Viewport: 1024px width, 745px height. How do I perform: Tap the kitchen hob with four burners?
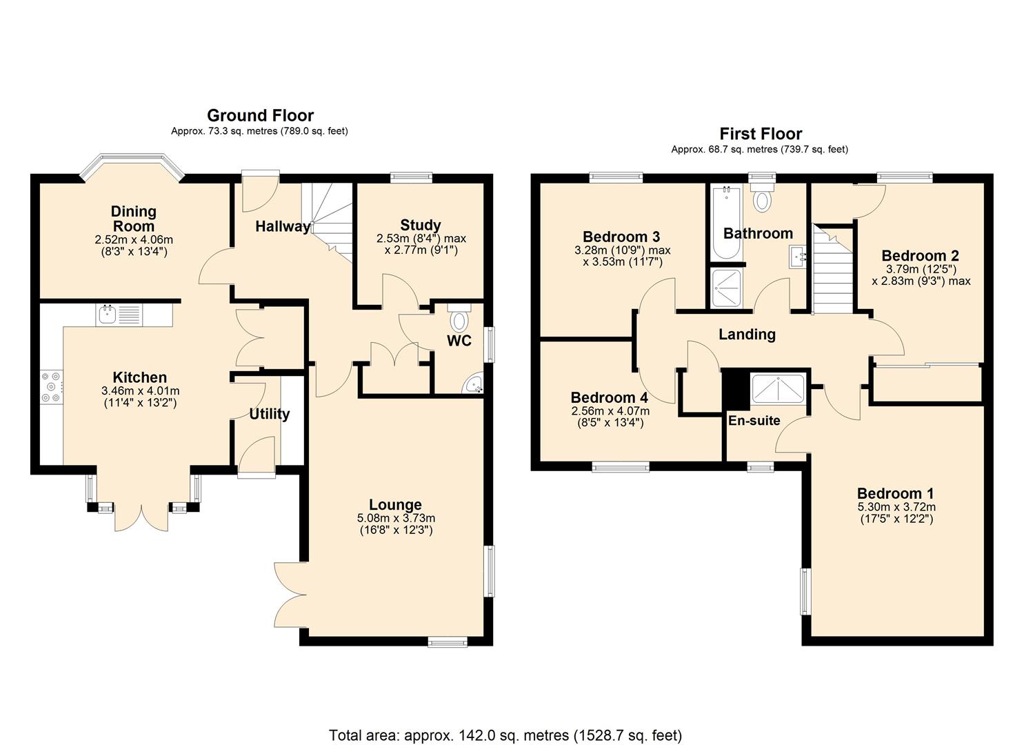[x=52, y=388]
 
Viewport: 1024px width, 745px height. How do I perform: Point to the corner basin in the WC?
[x=474, y=386]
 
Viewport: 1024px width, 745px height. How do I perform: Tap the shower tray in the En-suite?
[x=778, y=389]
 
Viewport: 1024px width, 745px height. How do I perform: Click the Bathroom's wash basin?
[x=799, y=258]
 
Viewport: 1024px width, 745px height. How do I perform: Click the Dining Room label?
[x=134, y=219]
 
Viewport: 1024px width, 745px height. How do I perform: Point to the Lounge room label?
[x=395, y=505]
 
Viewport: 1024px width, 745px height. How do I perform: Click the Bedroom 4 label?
[x=609, y=398]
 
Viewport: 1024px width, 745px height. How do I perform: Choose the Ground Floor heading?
[x=260, y=115]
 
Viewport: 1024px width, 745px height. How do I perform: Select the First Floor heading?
[x=761, y=134]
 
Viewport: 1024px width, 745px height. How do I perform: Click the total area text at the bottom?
[x=505, y=735]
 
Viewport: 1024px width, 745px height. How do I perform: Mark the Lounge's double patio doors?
[x=288, y=593]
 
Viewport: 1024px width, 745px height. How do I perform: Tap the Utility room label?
[x=269, y=414]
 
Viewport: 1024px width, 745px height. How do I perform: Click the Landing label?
[x=747, y=335]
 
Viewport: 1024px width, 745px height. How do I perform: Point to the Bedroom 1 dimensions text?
[x=896, y=513]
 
